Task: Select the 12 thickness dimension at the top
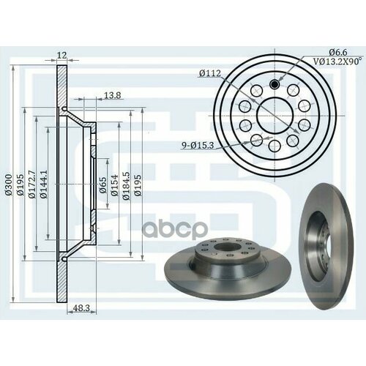tap(61, 56)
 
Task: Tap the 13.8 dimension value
tap(113, 96)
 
